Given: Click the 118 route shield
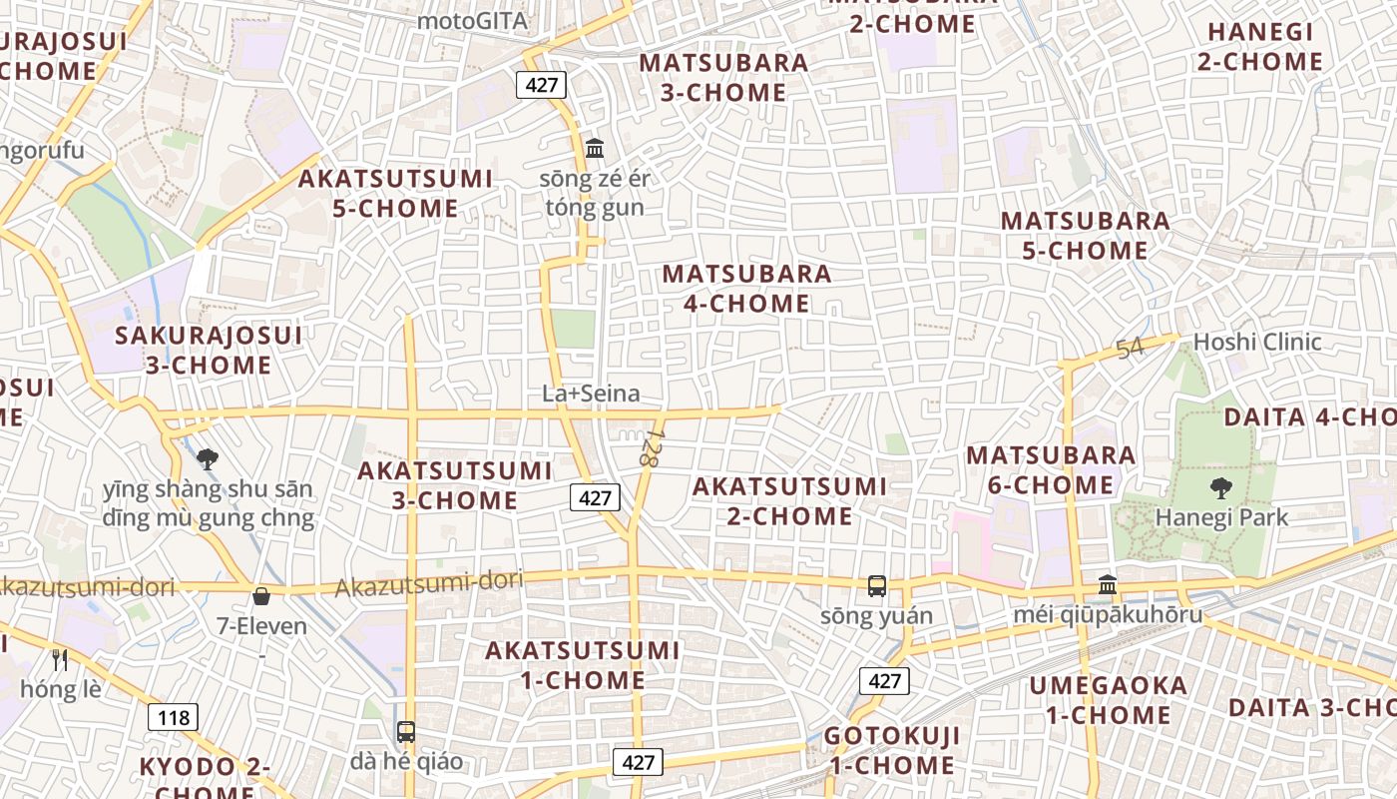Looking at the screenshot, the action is [x=174, y=716].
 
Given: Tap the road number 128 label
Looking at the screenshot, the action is [x=652, y=446].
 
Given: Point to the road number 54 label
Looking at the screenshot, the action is [x=1130, y=350].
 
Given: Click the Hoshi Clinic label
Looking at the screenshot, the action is [x=1257, y=342].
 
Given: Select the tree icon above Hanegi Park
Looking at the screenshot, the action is [x=1220, y=488].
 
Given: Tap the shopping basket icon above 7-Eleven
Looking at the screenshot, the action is [x=261, y=596].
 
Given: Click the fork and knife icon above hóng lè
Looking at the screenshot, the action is [x=60, y=659].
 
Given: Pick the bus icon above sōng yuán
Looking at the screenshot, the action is [x=877, y=586].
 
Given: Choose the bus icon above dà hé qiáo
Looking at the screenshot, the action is [x=405, y=731].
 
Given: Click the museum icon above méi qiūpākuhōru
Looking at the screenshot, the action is [x=1108, y=584].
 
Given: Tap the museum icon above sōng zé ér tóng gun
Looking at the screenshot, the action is [x=595, y=149].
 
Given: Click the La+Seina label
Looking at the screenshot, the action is [x=591, y=394].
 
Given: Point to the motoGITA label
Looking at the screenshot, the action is [x=472, y=20].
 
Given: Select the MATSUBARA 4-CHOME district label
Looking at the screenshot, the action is [x=746, y=288].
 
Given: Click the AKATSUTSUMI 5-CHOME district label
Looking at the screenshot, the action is [x=395, y=194].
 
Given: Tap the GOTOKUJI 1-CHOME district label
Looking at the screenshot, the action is [x=891, y=751].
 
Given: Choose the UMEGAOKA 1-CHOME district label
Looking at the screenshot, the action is [x=1109, y=700].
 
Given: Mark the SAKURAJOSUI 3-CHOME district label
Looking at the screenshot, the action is [x=209, y=350].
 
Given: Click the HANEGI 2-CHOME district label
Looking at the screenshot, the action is [x=1260, y=47].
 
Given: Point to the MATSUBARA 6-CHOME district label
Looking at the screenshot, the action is [x=1051, y=470].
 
